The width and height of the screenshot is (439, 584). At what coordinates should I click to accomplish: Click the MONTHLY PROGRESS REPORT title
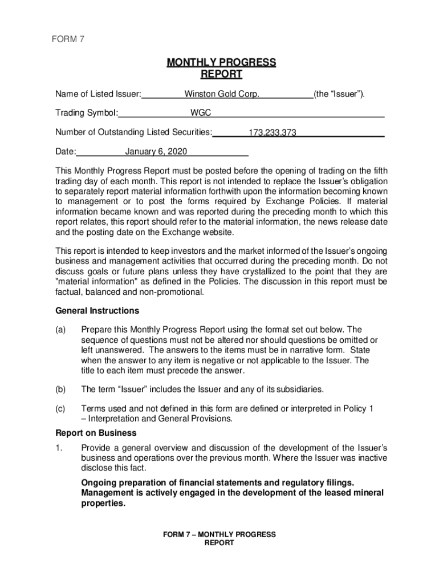pyautogui.click(x=221, y=68)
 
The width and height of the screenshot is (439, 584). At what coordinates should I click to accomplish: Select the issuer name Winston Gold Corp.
pyautogui.click(x=222, y=94)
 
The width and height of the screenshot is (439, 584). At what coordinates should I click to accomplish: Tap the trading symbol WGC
pyautogui.click(x=201, y=113)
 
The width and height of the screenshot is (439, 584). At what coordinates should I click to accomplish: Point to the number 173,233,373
pyautogui.click(x=272, y=133)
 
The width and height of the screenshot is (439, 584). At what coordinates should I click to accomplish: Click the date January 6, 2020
pyautogui.click(x=155, y=152)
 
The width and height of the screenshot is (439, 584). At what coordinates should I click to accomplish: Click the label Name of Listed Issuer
pyautogui.click(x=98, y=94)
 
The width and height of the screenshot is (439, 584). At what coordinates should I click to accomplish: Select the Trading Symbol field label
pyautogui.click(x=87, y=113)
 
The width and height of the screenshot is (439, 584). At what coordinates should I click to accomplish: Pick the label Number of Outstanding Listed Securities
pyautogui.click(x=133, y=132)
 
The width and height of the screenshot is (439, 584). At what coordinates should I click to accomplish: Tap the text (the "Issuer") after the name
pyautogui.click(x=339, y=94)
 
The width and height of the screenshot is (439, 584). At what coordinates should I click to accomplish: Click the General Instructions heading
pyautogui.click(x=97, y=311)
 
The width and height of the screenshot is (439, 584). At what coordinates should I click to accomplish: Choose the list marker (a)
pyautogui.click(x=60, y=330)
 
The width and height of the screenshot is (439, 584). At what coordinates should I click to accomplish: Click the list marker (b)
pyautogui.click(x=60, y=389)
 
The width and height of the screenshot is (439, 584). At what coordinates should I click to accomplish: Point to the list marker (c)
pyautogui.click(x=60, y=408)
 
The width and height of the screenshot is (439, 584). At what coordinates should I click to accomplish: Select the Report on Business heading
pyautogui.click(x=96, y=432)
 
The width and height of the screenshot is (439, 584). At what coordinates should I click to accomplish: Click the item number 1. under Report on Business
pyautogui.click(x=59, y=447)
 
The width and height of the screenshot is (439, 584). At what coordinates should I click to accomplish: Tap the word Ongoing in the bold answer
pyautogui.click(x=99, y=482)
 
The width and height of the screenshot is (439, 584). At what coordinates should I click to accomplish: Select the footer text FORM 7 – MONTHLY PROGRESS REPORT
pyautogui.click(x=219, y=539)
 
